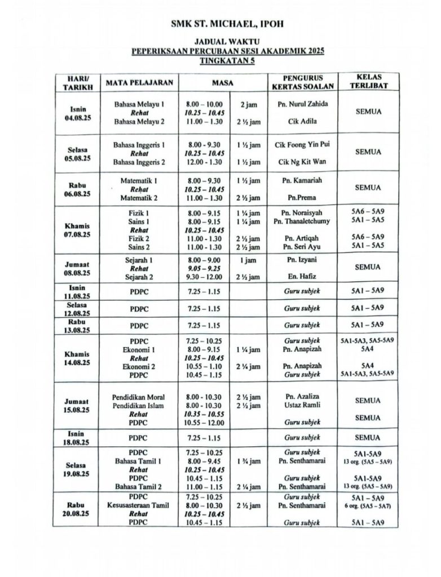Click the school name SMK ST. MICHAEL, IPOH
pyautogui.click(x=228, y=24)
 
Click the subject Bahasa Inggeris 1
pyautogui.click(x=139, y=145)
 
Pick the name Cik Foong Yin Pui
pyautogui.click(x=303, y=145)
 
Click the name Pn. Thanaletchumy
pyautogui.click(x=302, y=221)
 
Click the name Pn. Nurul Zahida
pyautogui.click(x=303, y=104)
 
